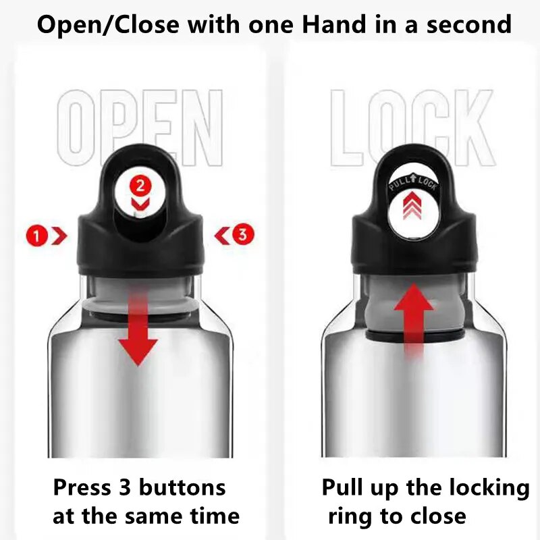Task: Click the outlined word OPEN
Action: coord(140,128)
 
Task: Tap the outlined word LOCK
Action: coord(412,128)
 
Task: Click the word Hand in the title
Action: coord(335,25)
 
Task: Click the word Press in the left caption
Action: coord(82,487)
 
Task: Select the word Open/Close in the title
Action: coord(108,25)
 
